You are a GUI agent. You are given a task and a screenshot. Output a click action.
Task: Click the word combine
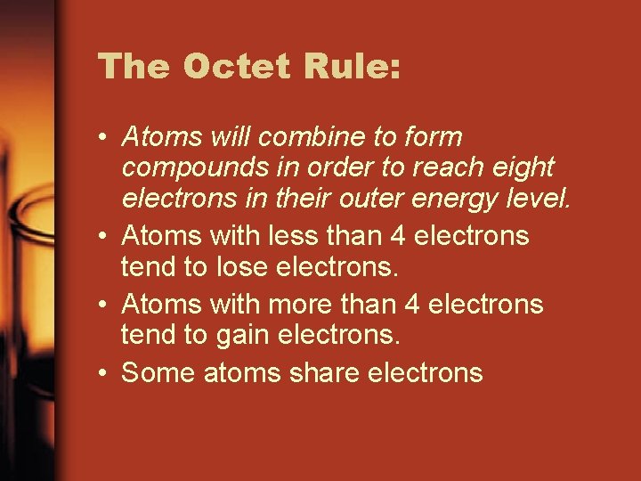(x=326, y=137)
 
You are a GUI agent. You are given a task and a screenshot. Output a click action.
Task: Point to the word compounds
(x=187, y=167)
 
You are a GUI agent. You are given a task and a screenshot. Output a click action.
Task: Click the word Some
(x=159, y=372)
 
